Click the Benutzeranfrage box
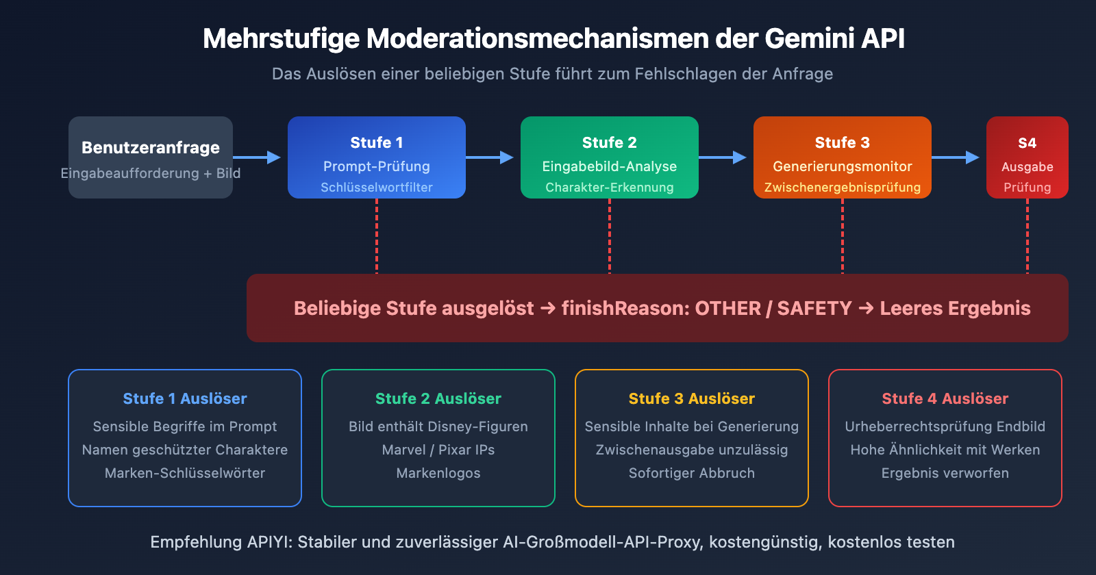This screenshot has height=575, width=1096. (x=151, y=157)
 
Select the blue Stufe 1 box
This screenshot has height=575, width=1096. (x=377, y=157)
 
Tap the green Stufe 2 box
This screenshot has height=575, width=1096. (x=610, y=157)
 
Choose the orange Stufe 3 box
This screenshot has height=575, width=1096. (x=843, y=157)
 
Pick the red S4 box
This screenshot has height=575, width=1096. (x=1027, y=157)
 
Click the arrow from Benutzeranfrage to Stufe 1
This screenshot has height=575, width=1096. (x=258, y=157)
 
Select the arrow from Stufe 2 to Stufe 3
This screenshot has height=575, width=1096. (x=723, y=157)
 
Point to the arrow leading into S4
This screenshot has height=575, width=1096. (x=956, y=157)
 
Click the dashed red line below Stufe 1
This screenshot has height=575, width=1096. (x=377, y=236)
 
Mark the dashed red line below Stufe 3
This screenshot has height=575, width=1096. (x=843, y=236)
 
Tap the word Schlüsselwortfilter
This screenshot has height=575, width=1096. (x=377, y=188)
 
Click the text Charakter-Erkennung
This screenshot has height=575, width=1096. (x=610, y=188)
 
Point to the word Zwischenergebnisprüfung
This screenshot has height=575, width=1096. (x=843, y=188)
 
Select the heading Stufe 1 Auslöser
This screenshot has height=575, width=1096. (x=185, y=398)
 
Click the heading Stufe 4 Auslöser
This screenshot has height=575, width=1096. (x=945, y=398)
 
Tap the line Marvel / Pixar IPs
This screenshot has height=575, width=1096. (x=438, y=450)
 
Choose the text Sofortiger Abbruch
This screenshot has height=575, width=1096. (x=692, y=473)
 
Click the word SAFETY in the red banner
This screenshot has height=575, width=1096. (x=814, y=308)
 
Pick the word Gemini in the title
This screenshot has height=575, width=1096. (x=809, y=38)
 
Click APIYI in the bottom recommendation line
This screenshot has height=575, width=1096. (x=270, y=542)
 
